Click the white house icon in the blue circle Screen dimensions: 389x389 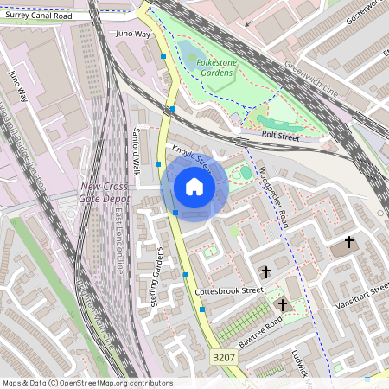point(194,187)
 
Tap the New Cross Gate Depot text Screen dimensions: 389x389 point(105,193)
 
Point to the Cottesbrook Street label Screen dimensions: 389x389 point(228,291)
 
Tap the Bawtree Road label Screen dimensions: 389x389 point(261,328)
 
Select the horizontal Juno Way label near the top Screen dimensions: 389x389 point(132,35)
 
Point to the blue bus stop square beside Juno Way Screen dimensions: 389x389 point(163,56)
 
